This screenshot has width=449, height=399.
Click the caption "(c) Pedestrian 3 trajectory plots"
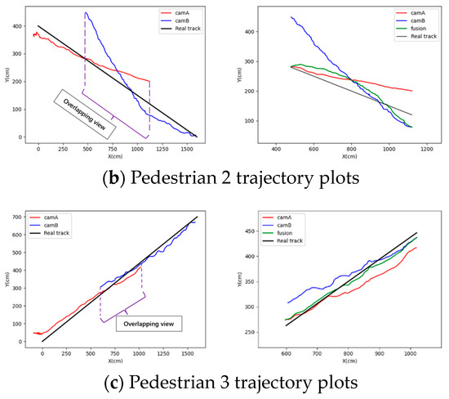(224, 379)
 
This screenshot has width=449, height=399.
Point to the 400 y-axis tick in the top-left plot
(14, 26)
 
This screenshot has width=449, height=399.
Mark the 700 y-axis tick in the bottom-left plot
(14, 217)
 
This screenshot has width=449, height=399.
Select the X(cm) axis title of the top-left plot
(117, 156)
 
